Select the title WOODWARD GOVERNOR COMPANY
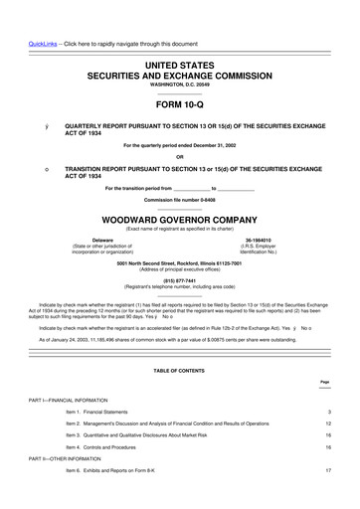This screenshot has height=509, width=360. (180, 220)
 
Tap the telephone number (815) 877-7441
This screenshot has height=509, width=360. (180, 280)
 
